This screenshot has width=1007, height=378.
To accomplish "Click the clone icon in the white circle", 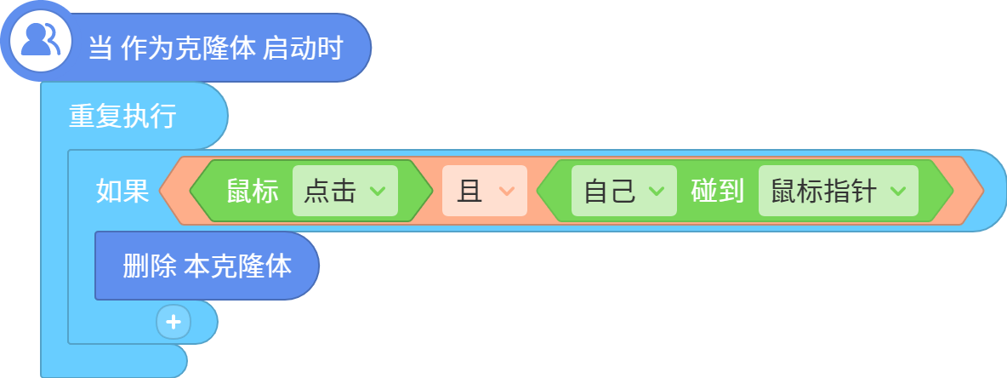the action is (40, 41).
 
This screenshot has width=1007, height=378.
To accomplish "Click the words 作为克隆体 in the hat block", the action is (188, 49).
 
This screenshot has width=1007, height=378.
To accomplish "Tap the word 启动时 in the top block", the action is (303, 49).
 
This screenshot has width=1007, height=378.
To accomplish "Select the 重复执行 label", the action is (122, 117).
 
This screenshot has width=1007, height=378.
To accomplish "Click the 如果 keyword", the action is (122, 191).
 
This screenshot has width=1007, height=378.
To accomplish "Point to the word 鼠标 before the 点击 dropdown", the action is (253, 191).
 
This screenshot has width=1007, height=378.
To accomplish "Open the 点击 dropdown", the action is (345, 191).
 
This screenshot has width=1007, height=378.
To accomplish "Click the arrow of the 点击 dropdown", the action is (378, 191).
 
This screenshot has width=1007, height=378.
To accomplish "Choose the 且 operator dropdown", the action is (485, 191).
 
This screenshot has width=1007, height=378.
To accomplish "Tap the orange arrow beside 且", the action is (507, 191).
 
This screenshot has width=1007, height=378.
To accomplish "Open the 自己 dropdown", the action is (624, 191).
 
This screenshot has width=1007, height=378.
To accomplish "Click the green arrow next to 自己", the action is (657, 191).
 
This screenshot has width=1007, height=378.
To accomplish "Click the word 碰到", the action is (717, 191).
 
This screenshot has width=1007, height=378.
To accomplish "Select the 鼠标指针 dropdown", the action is (839, 191).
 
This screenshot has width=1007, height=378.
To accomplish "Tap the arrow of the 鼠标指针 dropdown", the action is (898, 191).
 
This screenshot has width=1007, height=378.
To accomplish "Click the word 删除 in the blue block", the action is (149, 266).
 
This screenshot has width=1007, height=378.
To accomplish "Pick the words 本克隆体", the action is (237, 266).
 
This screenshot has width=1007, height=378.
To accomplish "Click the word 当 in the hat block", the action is (100, 49).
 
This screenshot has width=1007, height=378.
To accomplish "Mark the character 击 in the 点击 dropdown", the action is (344, 191).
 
